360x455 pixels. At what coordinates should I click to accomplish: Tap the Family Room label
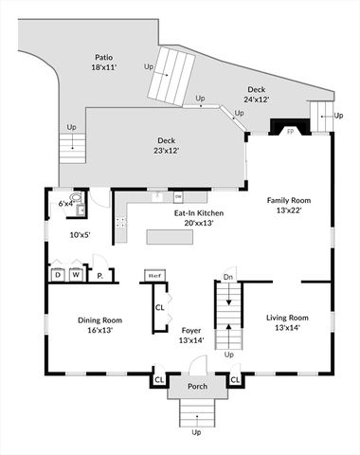coord(291,206)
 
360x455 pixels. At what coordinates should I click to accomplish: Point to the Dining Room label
coord(99,325)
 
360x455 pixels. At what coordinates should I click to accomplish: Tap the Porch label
coord(197,386)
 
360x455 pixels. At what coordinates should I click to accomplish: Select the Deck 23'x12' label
coord(167,144)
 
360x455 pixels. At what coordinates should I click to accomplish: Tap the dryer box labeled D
coord(57,275)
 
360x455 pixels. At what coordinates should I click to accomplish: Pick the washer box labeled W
coord(76,275)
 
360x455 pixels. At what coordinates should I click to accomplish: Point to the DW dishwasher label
coord(178,197)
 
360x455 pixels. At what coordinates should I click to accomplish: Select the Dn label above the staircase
coord(228,277)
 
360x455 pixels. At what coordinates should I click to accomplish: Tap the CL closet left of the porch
coord(158,381)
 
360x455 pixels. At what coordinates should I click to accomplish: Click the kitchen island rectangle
coord(169,236)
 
